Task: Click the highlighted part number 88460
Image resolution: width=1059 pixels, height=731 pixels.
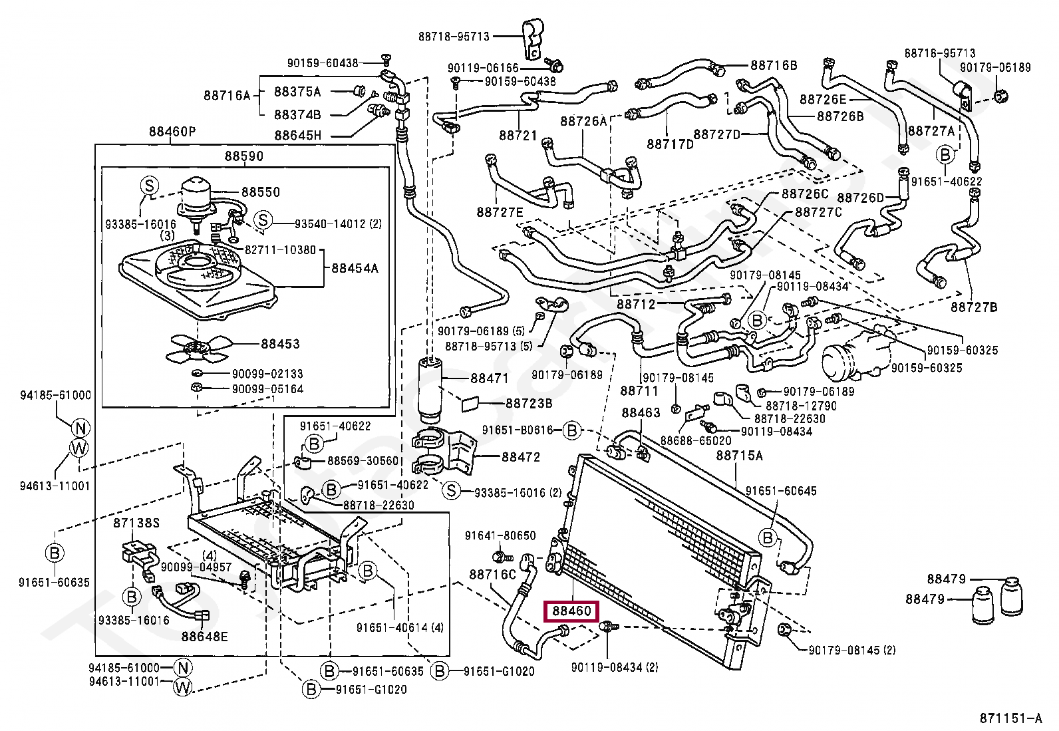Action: coord(571,611)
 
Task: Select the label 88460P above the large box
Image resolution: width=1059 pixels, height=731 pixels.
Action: coord(172,132)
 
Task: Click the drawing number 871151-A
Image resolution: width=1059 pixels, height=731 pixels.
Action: coord(1010,718)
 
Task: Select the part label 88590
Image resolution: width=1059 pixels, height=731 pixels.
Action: coord(243,156)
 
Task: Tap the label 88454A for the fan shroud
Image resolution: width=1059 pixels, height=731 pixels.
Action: coord(355,269)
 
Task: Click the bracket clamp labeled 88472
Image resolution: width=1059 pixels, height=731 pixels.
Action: coord(444,452)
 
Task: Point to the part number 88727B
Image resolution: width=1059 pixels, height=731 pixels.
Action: coord(974,307)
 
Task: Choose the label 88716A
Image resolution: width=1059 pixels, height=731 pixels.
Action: coord(227,96)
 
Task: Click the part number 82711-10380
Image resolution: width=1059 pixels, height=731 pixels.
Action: coord(280,249)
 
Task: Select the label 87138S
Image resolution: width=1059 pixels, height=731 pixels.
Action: coord(136,523)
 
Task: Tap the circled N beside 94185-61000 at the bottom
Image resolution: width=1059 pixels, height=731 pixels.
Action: coord(183,668)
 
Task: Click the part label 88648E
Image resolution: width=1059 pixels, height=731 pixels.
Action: coord(204,637)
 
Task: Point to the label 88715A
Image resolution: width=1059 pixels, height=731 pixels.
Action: coord(740,456)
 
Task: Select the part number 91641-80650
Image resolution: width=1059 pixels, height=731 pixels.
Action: coord(500,535)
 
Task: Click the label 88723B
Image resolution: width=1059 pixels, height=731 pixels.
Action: coord(529,403)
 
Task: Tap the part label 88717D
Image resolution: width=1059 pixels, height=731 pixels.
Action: coord(670,144)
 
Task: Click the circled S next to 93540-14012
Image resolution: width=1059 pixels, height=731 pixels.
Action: coord(263,219)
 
